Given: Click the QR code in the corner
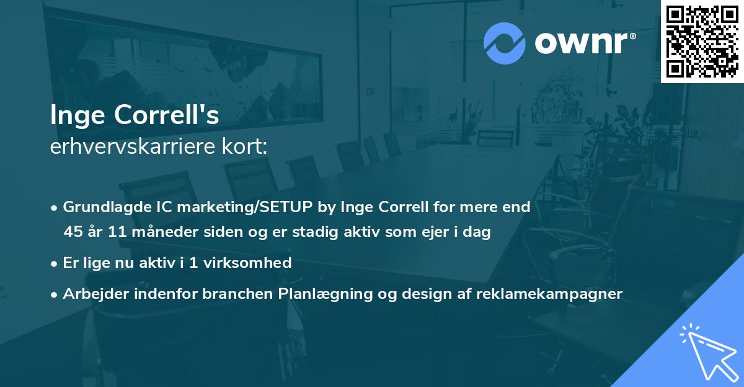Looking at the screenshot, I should tap(702, 41).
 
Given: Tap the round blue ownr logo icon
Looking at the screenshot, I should tap(505, 43).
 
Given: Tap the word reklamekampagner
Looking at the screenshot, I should tap(549, 294).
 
